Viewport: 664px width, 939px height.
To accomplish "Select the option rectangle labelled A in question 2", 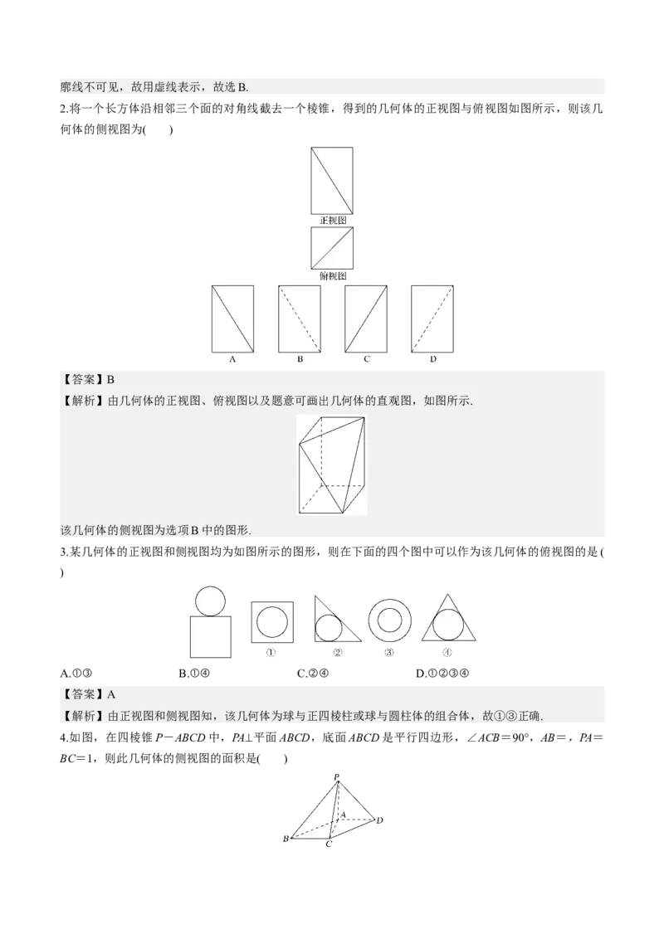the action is tap(232, 319).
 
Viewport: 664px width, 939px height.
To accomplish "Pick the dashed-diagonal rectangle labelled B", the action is tap(299, 319).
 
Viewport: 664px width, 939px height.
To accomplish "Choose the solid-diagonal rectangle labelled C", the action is tap(365, 319).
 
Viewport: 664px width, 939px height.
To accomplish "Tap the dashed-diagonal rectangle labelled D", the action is tap(432, 319).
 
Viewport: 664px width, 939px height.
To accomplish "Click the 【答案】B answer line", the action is tap(88, 380).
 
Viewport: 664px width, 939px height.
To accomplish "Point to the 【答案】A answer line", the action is tap(88, 694).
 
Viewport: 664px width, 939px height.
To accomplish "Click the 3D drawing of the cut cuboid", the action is tap(332, 465).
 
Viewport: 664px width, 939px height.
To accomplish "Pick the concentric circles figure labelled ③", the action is tap(389, 619).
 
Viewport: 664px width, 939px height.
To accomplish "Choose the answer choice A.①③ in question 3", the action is tap(76, 673).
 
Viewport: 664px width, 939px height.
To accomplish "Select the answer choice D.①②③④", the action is tap(442, 673).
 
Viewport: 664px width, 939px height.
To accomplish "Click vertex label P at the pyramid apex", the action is tap(337, 777).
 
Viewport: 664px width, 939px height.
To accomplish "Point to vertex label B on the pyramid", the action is tap(286, 839).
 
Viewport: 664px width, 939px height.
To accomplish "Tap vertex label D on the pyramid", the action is tap(380, 820).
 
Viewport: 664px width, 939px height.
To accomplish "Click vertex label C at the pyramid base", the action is tap(329, 844).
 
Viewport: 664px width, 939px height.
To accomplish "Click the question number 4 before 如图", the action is tap(65, 737).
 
